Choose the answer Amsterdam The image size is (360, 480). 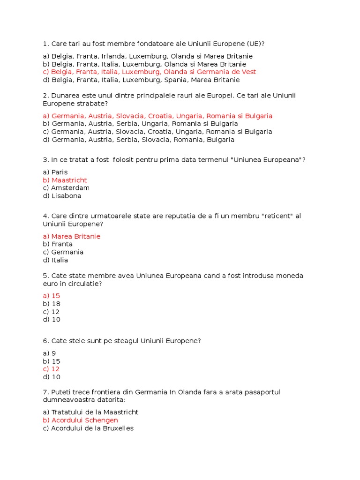pos(70,188)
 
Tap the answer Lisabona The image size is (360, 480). pos(66,196)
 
